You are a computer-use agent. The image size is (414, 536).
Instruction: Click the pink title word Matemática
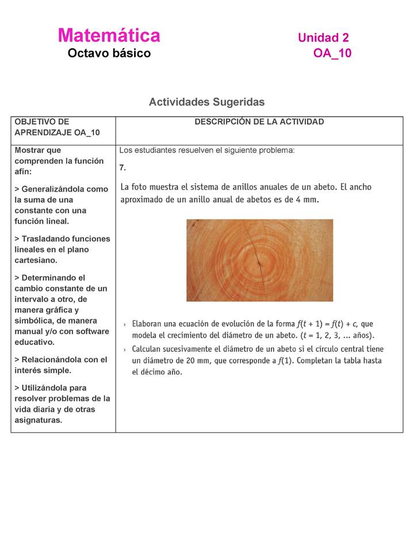(109, 36)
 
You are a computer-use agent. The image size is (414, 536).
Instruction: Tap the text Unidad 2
(323, 38)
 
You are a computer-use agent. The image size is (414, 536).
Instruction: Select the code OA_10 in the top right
(332, 53)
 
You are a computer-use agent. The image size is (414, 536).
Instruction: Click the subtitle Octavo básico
(109, 53)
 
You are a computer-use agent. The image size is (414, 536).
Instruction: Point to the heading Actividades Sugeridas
(206, 102)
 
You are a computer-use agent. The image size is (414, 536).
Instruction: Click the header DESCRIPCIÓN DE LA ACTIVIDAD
(259, 122)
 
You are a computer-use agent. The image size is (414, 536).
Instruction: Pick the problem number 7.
(122, 167)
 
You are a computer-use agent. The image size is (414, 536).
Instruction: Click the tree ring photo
(259, 260)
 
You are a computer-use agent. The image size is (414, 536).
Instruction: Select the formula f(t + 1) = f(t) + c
(327, 324)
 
